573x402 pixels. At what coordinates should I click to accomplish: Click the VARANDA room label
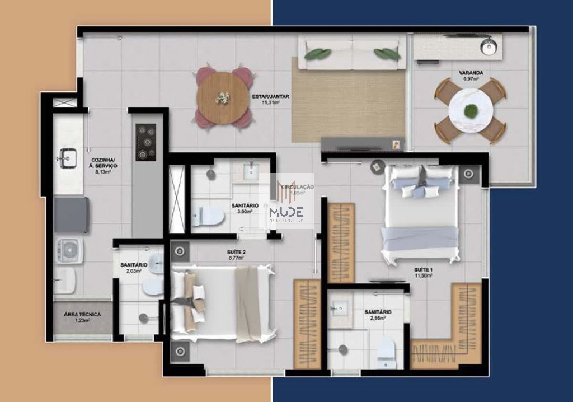click(471, 73)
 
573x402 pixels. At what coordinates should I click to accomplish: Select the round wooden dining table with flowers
click(223, 98)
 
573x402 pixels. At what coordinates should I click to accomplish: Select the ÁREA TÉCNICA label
click(82, 315)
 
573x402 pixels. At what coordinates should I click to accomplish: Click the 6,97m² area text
click(471, 80)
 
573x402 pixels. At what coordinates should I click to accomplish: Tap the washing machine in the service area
click(70, 251)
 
